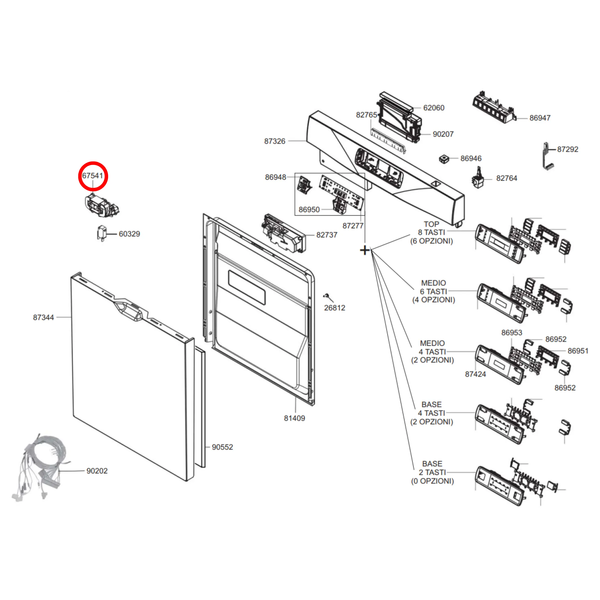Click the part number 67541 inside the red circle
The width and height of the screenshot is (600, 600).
click(x=92, y=176)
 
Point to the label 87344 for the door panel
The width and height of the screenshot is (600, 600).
click(x=43, y=317)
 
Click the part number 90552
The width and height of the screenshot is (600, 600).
click(x=222, y=447)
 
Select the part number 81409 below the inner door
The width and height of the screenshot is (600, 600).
click(x=295, y=418)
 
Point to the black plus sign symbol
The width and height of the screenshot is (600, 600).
click(x=365, y=250)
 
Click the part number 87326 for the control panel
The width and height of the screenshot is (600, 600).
click(x=275, y=141)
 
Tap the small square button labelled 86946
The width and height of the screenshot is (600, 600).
click(x=444, y=159)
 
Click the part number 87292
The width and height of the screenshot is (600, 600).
click(x=568, y=150)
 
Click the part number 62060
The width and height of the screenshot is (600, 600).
click(x=434, y=108)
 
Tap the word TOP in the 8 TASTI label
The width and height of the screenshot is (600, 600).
click(x=431, y=224)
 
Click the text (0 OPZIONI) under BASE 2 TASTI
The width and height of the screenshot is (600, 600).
click(x=432, y=481)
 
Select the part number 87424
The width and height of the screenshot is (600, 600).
click(x=475, y=374)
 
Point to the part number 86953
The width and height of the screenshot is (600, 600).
click(x=512, y=333)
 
